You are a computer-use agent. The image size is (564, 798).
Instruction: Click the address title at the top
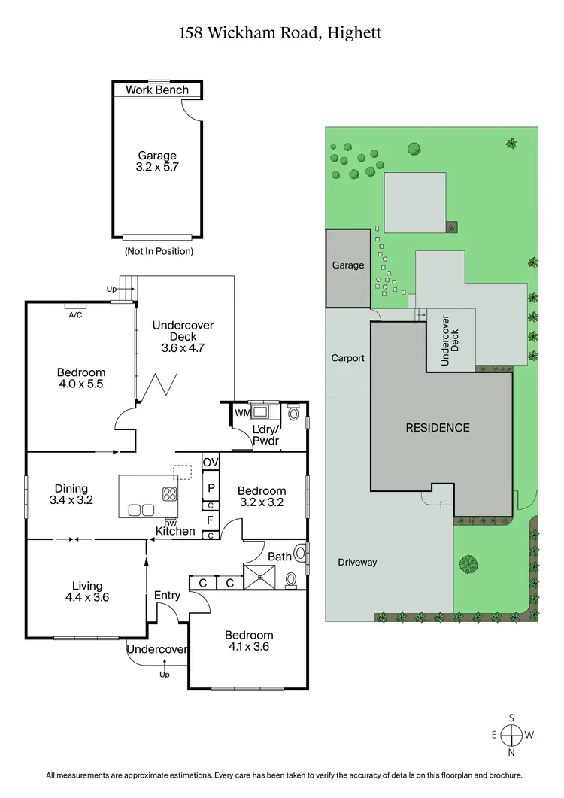pyautogui.click(x=281, y=33)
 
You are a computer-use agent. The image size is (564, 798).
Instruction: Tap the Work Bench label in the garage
pyautogui.click(x=157, y=90)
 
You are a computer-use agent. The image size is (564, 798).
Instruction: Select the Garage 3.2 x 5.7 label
pyautogui.click(x=157, y=162)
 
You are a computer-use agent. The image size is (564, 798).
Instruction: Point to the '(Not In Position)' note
pyautogui.click(x=158, y=251)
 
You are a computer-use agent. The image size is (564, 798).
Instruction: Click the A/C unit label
pyautogui.click(x=75, y=316)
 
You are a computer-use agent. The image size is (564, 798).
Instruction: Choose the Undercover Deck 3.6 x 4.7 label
pyautogui.click(x=183, y=336)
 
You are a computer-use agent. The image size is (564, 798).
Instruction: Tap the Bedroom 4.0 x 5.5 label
pyautogui.click(x=81, y=378)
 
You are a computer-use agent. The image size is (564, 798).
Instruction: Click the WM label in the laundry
pyautogui.click(x=241, y=413)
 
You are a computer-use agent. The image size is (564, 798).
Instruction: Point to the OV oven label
pyautogui.click(x=211, y=463)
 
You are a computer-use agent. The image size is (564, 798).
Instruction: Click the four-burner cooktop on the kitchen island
pyautogui.click(x=170, y=494)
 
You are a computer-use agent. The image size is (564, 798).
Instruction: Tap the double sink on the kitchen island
pyautogui.click(x=141, y=509)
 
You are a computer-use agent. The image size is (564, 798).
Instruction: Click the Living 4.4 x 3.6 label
pyautogui.click(x=83, y=591)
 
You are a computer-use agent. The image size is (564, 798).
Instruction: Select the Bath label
pyautogui.click(x=280, y=557)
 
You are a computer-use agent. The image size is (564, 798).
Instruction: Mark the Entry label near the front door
pyautogui.click(x=167, y=596)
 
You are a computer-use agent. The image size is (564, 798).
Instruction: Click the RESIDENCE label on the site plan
pyautogui.click(x=438, y=427)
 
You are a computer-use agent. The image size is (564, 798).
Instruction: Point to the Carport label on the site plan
pyautogui.click(x=347, y=358)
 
